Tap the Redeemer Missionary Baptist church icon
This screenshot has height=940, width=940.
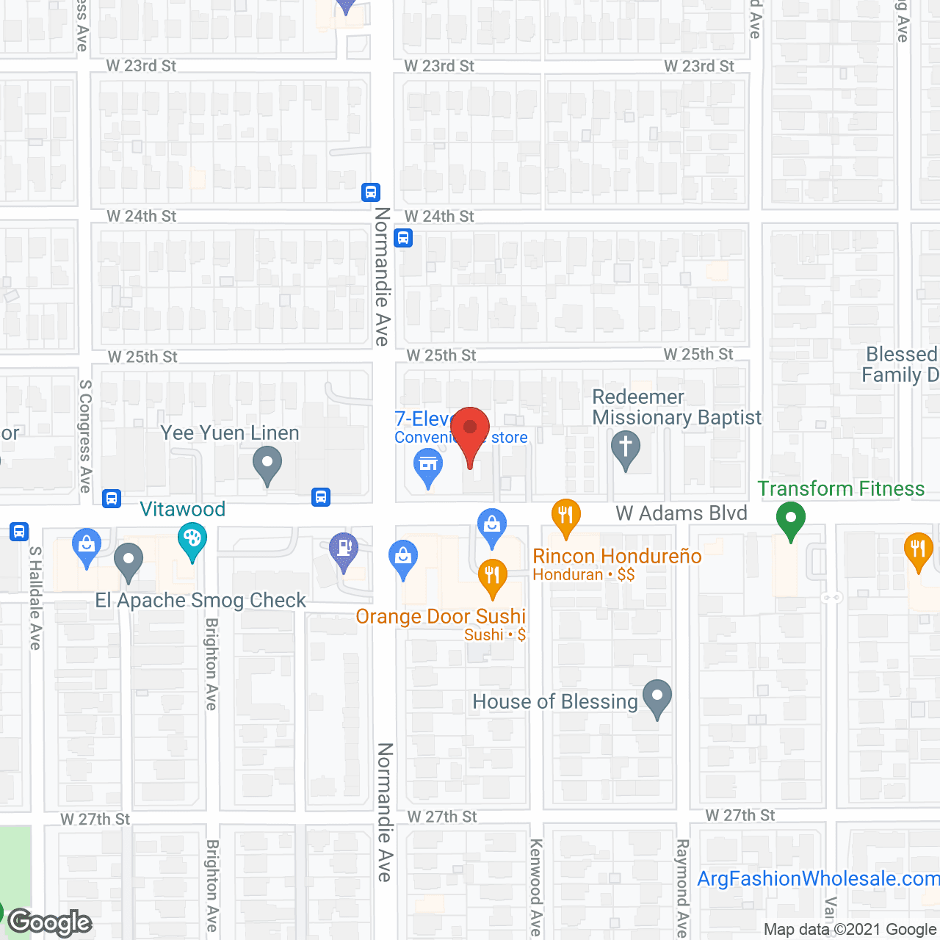click(x=626, y=449)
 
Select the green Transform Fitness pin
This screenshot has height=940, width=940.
click(x=790, y=519)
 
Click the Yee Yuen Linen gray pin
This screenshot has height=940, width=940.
click(x=267, y=465)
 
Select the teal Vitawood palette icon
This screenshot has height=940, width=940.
click(x=192, y=542)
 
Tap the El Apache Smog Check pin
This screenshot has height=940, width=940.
click(x=129, y=562)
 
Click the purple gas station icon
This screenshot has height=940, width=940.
click(x=343, y=549)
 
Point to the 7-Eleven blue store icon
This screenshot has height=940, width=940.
click(x=427, y=466)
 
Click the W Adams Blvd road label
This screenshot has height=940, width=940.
click(x=681, y=513)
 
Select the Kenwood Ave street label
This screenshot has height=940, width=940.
click(x=536, y=887)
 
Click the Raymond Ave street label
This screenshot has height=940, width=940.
click(x=682, y=887)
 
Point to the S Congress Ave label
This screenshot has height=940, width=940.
click(x=85, y=436)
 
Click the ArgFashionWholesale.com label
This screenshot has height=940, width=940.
click(x=817, y=878)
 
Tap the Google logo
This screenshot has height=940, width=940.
click(x=50, y=922)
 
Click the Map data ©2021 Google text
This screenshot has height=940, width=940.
click(x=850, y=930)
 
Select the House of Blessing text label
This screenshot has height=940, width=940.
click(x=555, y=702)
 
